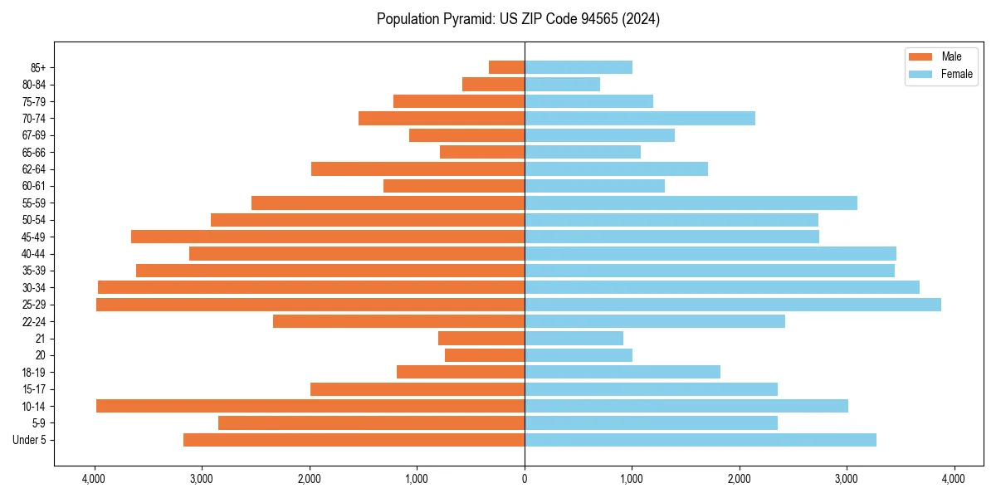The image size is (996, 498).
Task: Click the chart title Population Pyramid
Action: click(518, 19)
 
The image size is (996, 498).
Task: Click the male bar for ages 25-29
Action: click(310, 305)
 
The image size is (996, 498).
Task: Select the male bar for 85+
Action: click(506, 67)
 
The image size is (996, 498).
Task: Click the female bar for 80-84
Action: click(562, 84)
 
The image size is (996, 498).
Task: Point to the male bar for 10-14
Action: click(310, 406)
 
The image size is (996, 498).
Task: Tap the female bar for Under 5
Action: click(701, 440)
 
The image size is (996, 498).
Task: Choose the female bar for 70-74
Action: click(640, 118)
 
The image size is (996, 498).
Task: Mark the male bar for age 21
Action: click(481, 339)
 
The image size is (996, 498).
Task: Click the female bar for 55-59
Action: click(691, 203)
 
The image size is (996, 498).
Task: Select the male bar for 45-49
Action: click(328, 237)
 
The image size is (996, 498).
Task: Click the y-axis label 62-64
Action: click(34, 169)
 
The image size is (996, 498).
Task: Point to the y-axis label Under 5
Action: click(30, 440)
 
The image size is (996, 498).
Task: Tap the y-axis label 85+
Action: click(37, 67)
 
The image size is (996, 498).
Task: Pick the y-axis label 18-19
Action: click(34, 373)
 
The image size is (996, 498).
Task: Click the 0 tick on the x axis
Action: click(525, 479)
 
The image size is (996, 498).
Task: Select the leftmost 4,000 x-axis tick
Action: click(95, 479)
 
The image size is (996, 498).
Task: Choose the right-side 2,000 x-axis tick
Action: click(740, 479)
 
